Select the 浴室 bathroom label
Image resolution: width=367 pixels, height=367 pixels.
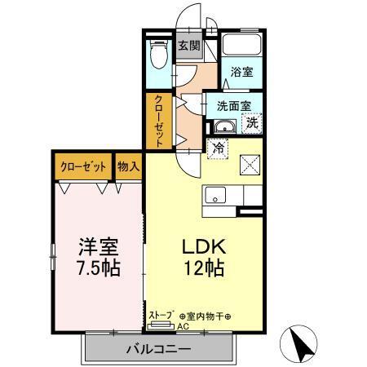(x=241, y=72)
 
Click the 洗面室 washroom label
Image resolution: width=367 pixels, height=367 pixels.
(x=233, y=106)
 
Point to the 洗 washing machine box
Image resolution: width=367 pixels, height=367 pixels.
(x=252, y=124)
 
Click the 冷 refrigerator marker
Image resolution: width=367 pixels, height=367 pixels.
(x=217, y=148)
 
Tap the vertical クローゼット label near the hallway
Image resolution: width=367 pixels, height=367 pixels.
(x=159, y=122)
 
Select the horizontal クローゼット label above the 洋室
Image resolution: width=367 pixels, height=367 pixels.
(x=83, y=166)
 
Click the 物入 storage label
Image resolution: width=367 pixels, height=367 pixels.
(x=128, y=166)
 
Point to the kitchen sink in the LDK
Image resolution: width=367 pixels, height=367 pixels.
(x=216, y=196)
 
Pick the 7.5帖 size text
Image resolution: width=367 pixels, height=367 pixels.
(x=99, y=268)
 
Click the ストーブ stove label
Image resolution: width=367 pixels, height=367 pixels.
(x=161, y=314)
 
